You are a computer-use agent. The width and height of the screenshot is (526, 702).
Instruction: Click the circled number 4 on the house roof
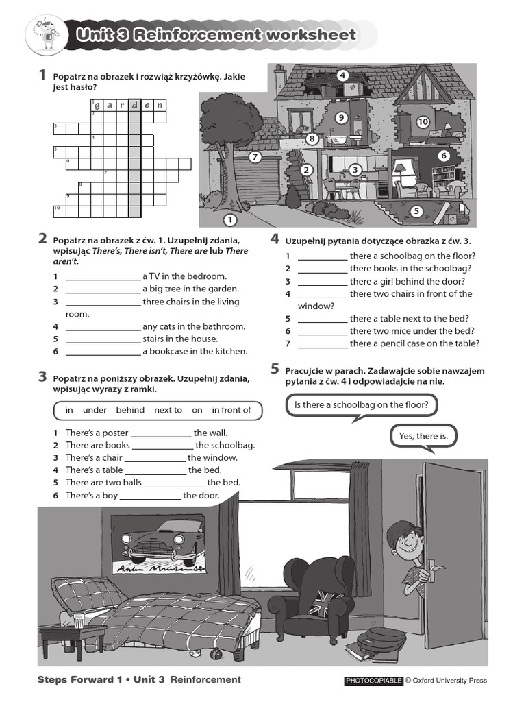[340, 75]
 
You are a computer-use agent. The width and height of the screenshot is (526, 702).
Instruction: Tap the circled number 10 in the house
[423, 122]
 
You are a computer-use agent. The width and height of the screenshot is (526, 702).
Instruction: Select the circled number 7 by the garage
[255, 157]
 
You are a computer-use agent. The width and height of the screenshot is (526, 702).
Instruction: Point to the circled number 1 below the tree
[229, 220]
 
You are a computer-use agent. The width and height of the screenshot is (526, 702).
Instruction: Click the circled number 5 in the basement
[416, 211]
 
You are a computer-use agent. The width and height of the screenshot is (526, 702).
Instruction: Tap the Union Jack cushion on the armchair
[321, 607]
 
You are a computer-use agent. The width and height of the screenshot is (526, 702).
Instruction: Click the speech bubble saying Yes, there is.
[423, 436]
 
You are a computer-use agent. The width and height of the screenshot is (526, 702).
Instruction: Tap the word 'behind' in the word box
[130, 410]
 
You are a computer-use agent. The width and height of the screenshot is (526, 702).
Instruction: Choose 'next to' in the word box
[168, 410]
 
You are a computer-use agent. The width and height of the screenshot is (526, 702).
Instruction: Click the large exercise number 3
[42, 376]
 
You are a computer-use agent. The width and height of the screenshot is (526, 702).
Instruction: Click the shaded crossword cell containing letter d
[135, 105]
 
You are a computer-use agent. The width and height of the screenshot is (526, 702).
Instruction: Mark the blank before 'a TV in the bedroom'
[103, 277]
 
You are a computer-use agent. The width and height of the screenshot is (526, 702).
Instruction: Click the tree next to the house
[229, 137]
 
